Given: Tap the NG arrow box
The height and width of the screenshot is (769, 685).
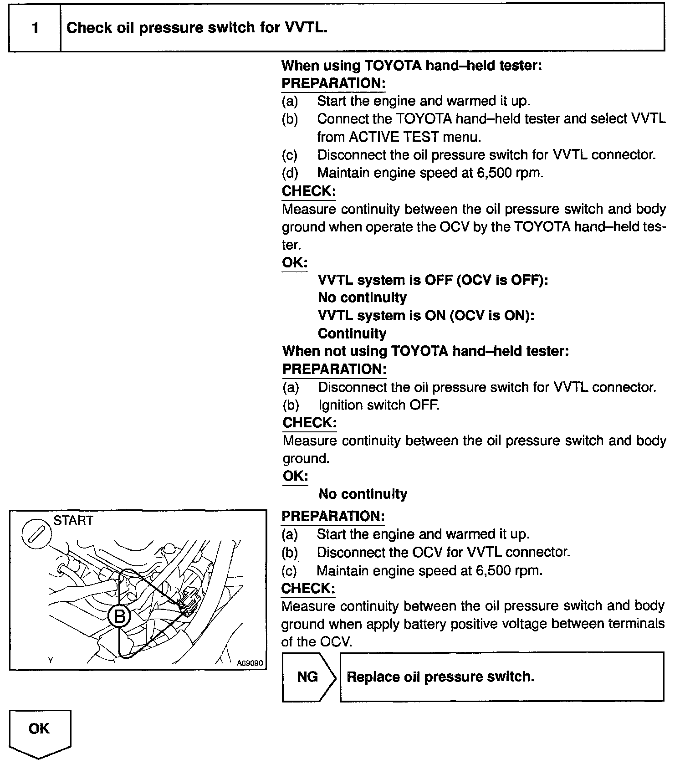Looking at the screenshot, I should click(x=308, y=677).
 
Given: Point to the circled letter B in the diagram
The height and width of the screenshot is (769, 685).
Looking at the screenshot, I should click(x=119, y=616).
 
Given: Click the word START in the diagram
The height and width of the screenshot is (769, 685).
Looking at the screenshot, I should click(x=73, y=521).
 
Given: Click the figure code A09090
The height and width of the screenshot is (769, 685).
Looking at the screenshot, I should click(x=250, y=663).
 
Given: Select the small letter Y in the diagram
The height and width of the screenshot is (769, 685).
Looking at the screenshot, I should click(x=51, y=660).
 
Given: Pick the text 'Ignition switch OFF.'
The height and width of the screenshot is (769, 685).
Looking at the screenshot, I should click(x=379, y=405).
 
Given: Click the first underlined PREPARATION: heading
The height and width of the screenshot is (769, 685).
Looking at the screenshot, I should click(x=333, y=83).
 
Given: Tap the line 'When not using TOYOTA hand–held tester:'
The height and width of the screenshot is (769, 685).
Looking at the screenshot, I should click(x=425, y=351).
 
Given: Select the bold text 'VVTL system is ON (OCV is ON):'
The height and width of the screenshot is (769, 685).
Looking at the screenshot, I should click(x=426, y=316).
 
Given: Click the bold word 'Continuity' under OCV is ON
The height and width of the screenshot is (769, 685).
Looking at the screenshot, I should click(x=352, y=333).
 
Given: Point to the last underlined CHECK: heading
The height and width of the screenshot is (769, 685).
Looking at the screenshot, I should click(x=308, y=588).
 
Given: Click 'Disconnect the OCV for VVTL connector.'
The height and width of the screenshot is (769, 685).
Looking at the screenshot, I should click(x=443, y=552).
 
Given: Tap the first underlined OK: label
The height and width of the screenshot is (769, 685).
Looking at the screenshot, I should click(x=295, y=262).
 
